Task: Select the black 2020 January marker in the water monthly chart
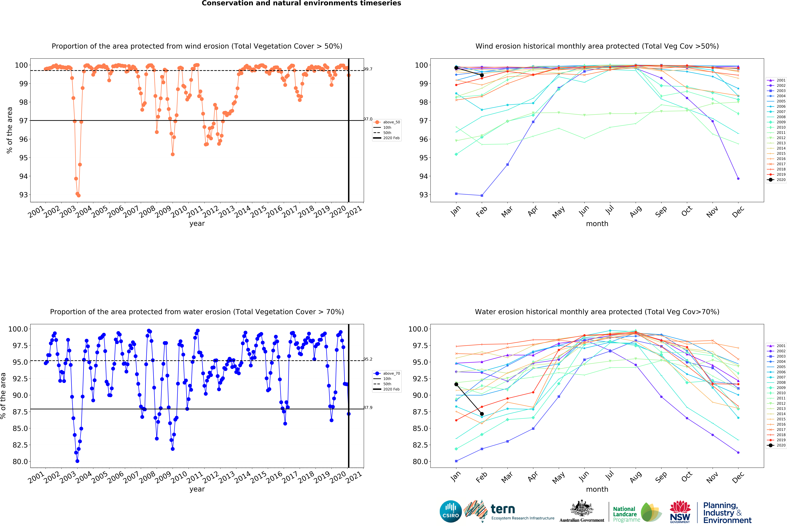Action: tap(456, 384)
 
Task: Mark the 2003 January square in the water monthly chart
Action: tap(456, 461)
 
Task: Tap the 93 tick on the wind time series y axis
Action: tap(23, 195)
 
